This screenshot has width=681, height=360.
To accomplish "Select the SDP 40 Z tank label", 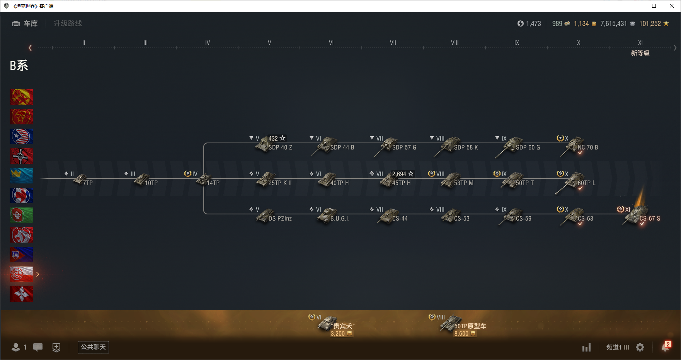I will click(280, 148).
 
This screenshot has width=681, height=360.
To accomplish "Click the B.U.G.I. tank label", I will click(340, 219).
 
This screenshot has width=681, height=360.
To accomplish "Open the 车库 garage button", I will click(25, 24).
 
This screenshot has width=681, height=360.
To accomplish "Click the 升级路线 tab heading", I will click(68, 24).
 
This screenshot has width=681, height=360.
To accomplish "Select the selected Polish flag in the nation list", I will click(21, 274).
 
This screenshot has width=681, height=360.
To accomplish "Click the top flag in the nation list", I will click(21, 97).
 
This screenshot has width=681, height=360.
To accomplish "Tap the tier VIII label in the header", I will click(455, 43).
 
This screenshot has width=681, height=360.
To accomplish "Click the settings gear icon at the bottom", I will click(640, 347).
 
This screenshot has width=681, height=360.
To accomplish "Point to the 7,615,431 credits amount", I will click(613, 24).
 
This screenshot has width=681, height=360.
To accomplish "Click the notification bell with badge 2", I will click(665, 347).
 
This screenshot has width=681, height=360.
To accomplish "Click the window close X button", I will click(672, 6).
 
